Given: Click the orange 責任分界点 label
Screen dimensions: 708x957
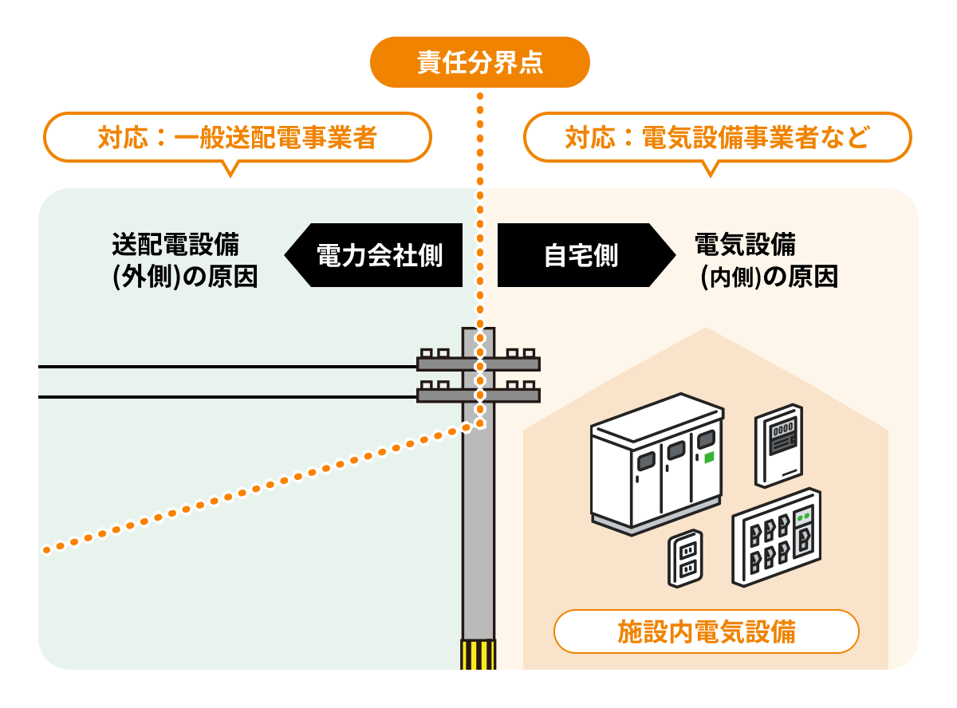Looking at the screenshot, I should tap(479, 62).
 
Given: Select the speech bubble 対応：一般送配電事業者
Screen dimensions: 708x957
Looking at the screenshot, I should tap(237, 138).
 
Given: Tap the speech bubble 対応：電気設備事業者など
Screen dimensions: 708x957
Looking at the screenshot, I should tap(716, 138).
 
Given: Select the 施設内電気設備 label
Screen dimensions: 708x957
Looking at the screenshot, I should tap(706, 632).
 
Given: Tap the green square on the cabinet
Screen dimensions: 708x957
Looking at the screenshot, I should tap(707, 457).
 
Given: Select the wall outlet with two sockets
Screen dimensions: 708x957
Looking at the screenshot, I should tap(685, 559).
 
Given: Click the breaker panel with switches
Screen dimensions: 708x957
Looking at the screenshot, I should tap(776, 538).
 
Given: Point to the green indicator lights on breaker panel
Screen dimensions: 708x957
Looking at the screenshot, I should tap(805, 515).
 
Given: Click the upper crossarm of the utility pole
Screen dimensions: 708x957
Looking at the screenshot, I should tap(478, 364).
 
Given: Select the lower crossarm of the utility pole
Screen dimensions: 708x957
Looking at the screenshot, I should tap(478, 395).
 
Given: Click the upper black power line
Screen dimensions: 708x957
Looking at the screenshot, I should tap(223, 367).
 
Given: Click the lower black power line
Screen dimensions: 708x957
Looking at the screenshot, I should tap(223, 396).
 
